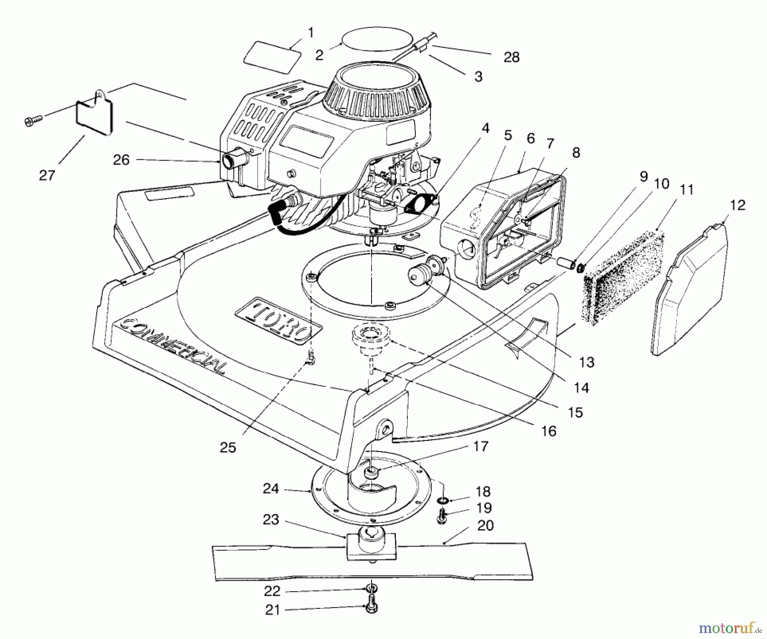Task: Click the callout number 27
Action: click(x=47, y=175)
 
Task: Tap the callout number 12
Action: click(x=738, y=205)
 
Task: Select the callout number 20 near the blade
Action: click(x=485, y=525)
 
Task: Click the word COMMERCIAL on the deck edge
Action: click(x=170, y=345)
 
